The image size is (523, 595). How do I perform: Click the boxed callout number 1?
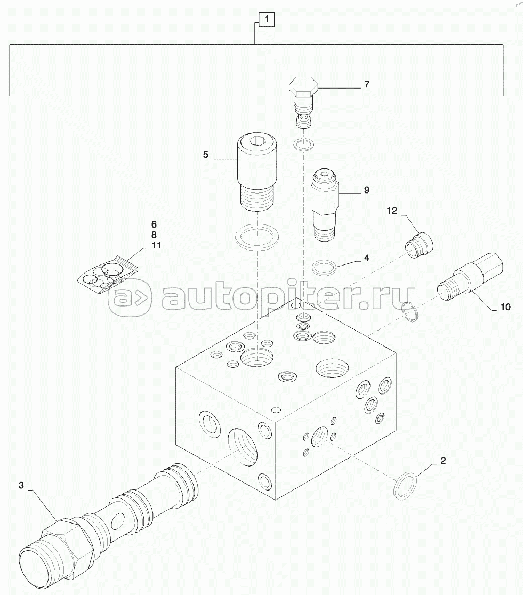click(x=267, y=19)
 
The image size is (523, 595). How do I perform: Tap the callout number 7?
click(x=366, y=84)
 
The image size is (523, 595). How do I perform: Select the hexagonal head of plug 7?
click(x=304, y=87)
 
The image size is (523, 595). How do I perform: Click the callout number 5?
click(x=205, y=155)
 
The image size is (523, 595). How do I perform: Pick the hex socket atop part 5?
click(x=257, y=141)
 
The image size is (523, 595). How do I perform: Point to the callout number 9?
click(x=366, y=190)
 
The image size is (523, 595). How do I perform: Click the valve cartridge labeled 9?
click(x=325, y=205)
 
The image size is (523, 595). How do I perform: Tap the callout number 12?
click(x=392, y=210)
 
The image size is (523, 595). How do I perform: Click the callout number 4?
click(x=366, y=258)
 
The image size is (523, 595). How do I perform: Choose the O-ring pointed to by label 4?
click(x=325, y=268)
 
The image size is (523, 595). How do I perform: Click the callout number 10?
click(x=505, y=307)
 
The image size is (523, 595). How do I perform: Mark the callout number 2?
click(x=443, y=461)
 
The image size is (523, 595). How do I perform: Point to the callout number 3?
click(x=21, y=485)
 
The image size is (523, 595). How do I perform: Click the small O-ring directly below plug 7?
click(x=304, y=144)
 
